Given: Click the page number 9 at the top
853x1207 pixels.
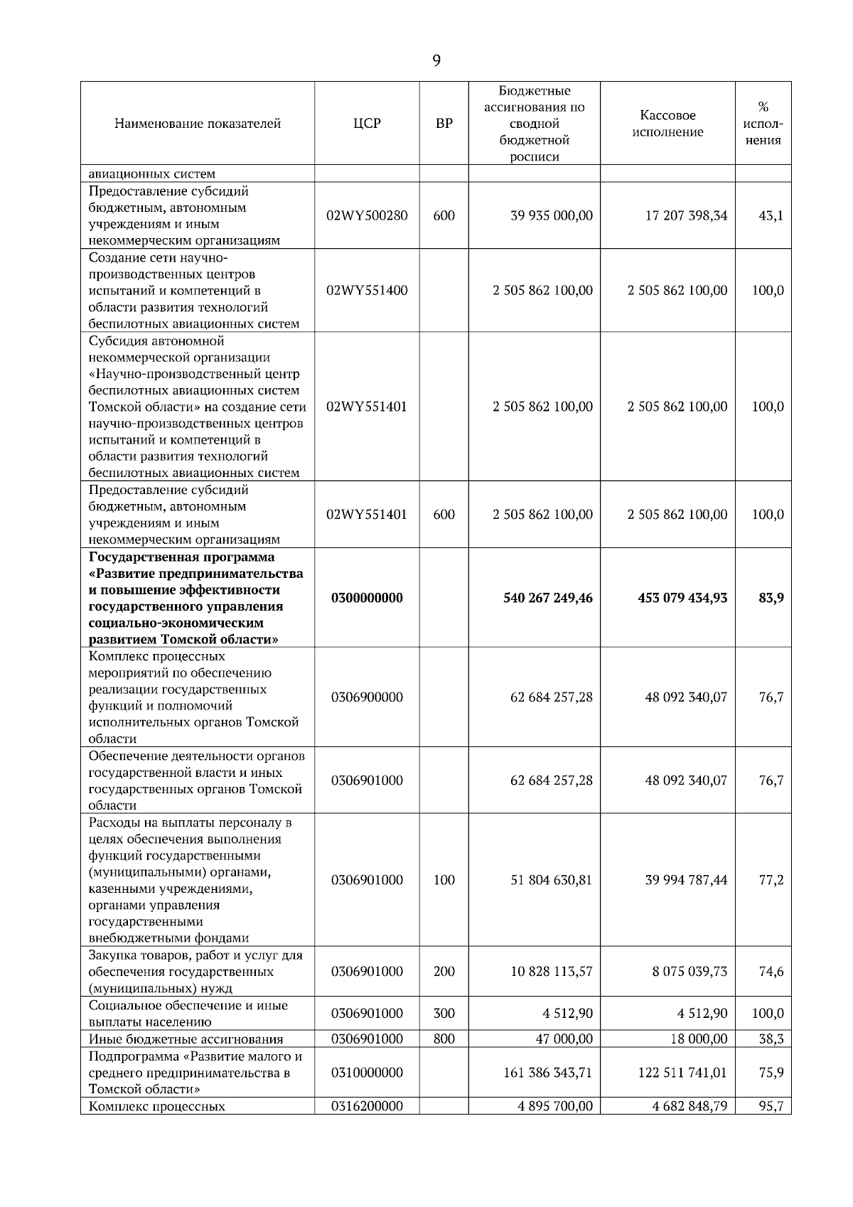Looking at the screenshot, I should tap(436, 62).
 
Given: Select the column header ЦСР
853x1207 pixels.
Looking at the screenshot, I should tap(367, 124).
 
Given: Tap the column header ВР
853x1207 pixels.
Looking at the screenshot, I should tap(444, 124).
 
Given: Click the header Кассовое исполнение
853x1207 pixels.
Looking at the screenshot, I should tap(667, 124).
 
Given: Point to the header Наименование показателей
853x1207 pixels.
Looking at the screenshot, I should tap(198, 124).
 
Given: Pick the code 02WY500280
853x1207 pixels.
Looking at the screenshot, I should tap(367, 215).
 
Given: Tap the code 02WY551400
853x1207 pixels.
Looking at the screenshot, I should tap(367, 290).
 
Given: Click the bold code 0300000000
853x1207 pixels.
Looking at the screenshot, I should tap(367, 598).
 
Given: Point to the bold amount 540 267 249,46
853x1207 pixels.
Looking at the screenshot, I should tap(547, 598).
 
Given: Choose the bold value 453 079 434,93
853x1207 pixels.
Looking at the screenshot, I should tap(682, 598).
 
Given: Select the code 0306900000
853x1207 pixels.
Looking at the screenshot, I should tap(367, 697).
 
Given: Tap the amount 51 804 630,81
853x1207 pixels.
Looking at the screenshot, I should tap(551, 880).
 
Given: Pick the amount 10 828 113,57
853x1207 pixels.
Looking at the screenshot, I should tap(551, 971).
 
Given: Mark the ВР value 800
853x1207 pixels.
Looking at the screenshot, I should tap(444, 1039).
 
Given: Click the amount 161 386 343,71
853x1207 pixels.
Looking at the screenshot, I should tap(547, 1072).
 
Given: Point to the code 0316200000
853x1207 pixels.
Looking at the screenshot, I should tap(367, 1106).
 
